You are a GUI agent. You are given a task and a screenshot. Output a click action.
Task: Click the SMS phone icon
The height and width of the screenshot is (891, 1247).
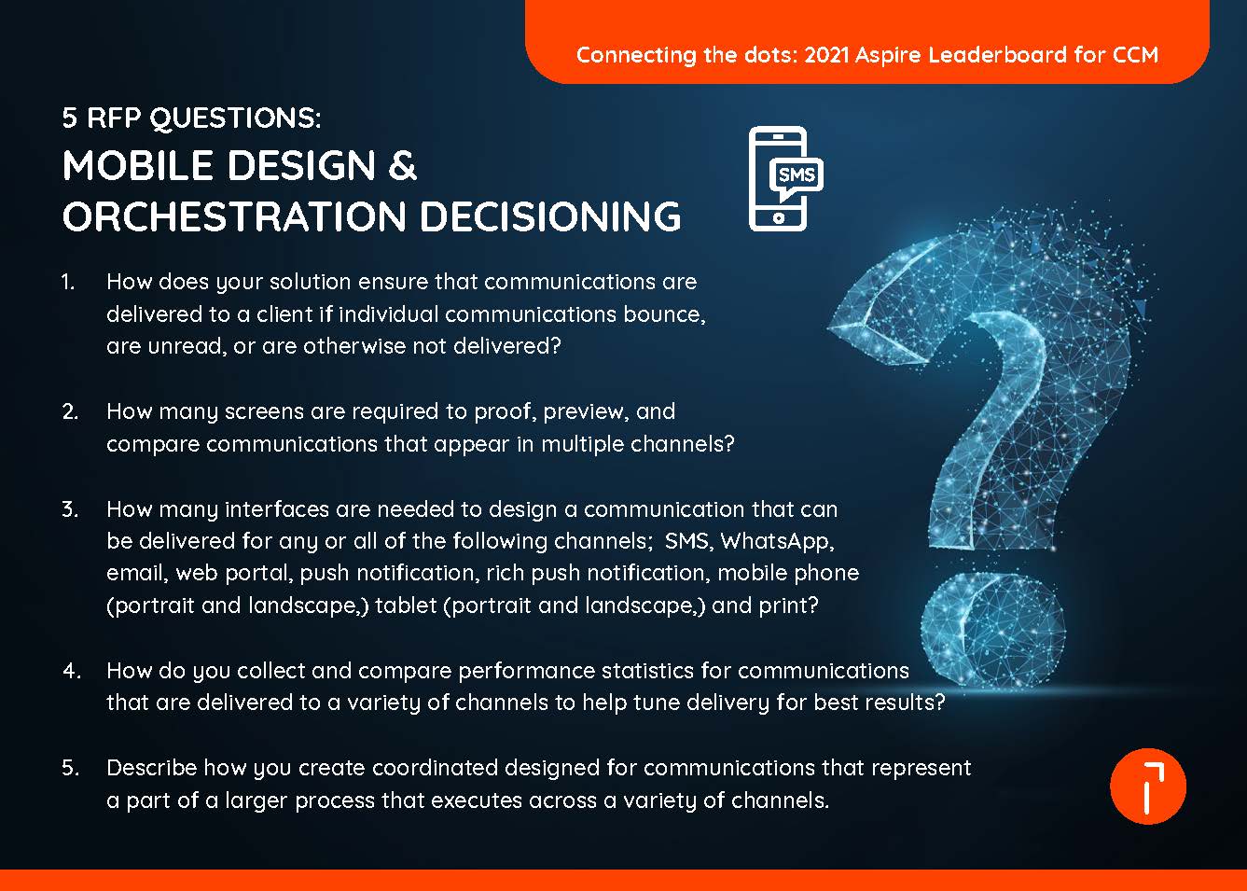pos(784,178)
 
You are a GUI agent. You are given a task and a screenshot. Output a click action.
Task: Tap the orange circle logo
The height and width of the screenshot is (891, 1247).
pos(1147,787)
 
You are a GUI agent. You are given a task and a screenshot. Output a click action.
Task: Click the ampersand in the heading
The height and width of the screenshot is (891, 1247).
pos(402,166)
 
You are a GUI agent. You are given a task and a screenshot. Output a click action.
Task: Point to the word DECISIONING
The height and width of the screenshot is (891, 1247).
pos(550,216)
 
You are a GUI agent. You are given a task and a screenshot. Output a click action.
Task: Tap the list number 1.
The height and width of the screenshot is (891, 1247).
pos(68,282)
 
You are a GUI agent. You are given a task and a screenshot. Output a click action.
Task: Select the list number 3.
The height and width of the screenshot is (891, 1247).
pos(70,509)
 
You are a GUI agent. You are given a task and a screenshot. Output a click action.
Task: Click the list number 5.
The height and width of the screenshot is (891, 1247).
pos(70,768)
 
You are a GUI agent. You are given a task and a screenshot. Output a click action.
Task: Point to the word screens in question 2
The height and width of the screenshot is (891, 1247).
pos(287,411)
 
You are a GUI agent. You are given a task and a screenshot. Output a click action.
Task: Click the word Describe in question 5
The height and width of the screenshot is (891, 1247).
pos(152,768)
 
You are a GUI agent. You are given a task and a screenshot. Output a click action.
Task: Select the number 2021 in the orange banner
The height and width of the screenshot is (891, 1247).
pos(826,54)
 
